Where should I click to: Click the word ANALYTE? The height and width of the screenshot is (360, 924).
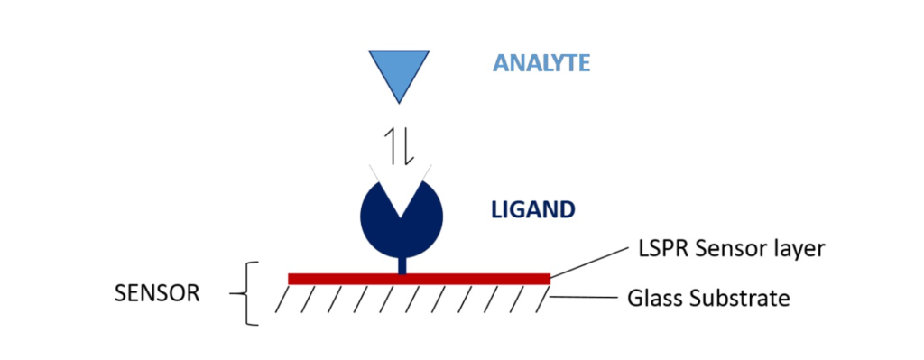coord(541,63)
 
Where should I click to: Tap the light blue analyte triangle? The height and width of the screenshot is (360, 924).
coord(396,70)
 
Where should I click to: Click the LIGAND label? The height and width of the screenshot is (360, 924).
coord(532,209)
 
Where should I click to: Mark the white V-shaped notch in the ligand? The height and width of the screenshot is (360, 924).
coord(397,186)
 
